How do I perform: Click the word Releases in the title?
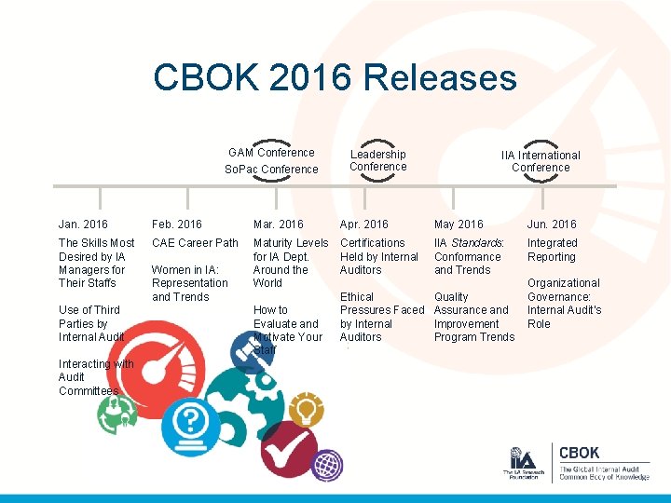pyautogui.click(x=440, y=77)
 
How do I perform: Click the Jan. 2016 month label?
pyautogui.click(x=83, y=224)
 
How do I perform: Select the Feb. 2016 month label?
pyautogui.click(x=177, y=224)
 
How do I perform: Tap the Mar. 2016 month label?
pyautogui.click(x=278, y=224)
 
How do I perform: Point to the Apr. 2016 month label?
pyautogui.click(x=363, y=224)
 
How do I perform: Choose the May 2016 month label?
pyautogui.click(x=459, y=224)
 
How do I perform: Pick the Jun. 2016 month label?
pyautogui.click(x=552, y=224)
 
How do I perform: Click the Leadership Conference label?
pyautogui.click(x=378, y=160)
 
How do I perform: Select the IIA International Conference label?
pyautogui.click(x=541, y=161)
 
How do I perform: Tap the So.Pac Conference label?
pyautogui.click(x=271, y=170)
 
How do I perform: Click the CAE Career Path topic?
pyautogui.click(x=195, y=243)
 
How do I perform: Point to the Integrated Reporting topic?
pyautogui.click(x=552, y=250)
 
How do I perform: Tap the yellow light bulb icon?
pyautogui.click(x=305, y=407)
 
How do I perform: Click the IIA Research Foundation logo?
pyautogui.click(x=522, y=463)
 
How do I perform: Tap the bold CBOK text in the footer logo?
pyautogui.click(x=579, y=454)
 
